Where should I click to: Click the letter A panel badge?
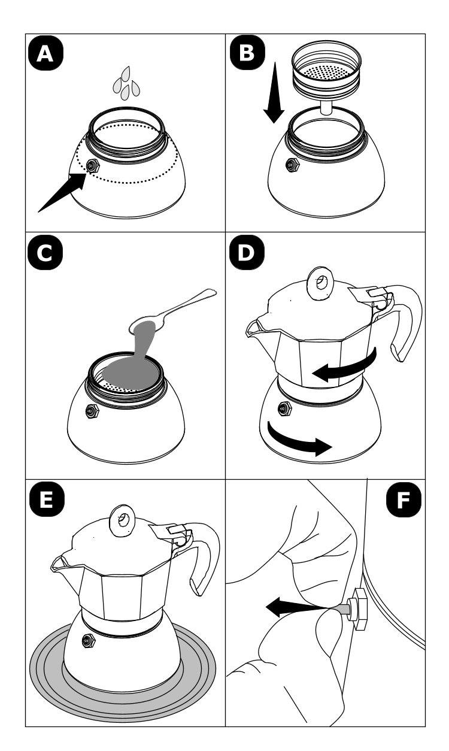(x=45, y=54)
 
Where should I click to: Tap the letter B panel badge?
(x=247, y=53)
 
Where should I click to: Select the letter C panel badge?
(x=45, y=253)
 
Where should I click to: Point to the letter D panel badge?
(x=247, y=252)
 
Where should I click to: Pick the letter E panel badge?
(x=47, y=499)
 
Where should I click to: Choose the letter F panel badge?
(x=404, y=500)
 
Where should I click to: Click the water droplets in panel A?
(x=126, y=83)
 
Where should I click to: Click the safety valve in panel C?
(x=92, y=411)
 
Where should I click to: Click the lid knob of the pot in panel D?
(x=321, y=283)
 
